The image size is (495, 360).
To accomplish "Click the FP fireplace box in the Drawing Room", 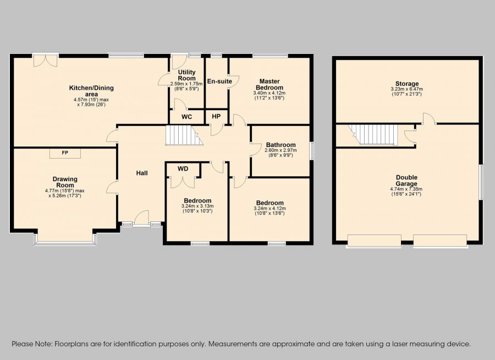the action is pyautogui.click(x=65, y=153).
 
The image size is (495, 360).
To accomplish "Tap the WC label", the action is pyautogui.click(x=186, y=117).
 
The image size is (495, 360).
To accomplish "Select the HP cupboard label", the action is pyautogui.click(x=216, y=117).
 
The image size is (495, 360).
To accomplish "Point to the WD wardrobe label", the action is pyautogui.click(x=183, y=169).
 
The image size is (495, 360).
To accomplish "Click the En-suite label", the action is pyautogui.click(x=219, y=81).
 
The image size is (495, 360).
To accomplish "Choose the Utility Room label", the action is pyautogui.click(x=186, y=75).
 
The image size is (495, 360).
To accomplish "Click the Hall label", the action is pyautogui.click(x=142, y=173).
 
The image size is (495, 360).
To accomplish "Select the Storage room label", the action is pyautogui.click(x=407, y=84).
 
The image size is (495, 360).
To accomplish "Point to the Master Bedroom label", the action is pyautogui.click(x=269, y=84).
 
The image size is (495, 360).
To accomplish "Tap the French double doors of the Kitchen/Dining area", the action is pyautogui.click(x=46, y=61).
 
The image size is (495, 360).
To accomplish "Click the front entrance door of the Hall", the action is pyautogui.click(x=141, y=219).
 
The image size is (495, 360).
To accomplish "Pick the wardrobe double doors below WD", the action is pyautogui.click(x=183, y=182).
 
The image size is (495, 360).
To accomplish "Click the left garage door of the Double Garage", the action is pyautogui.click(x=374, y=241).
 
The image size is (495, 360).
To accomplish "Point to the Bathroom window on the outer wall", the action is pyautogui.click(x=311, y=151).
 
